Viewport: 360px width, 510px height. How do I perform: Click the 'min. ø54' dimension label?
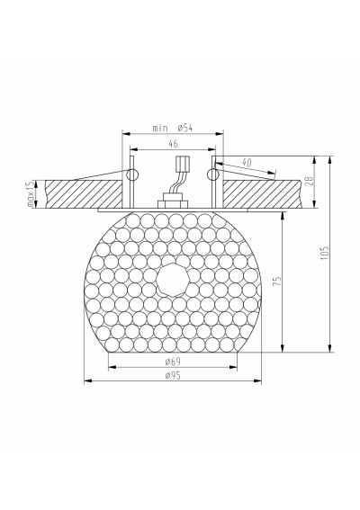[x=173, y=128]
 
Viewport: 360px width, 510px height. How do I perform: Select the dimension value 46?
[x=174, y=143]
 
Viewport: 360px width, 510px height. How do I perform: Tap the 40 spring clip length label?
[x=247, y=162]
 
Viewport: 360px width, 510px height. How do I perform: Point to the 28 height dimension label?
[x=309, y=181]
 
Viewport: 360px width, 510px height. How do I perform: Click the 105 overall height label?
[x=325, y=253]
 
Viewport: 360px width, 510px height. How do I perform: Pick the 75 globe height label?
[x=276, y=282]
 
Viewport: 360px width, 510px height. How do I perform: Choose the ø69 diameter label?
[x=173, y=362]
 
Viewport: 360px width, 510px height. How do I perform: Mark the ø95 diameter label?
[x=173, y=375]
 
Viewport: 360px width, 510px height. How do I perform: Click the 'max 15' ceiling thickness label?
[x=31, y=194]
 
